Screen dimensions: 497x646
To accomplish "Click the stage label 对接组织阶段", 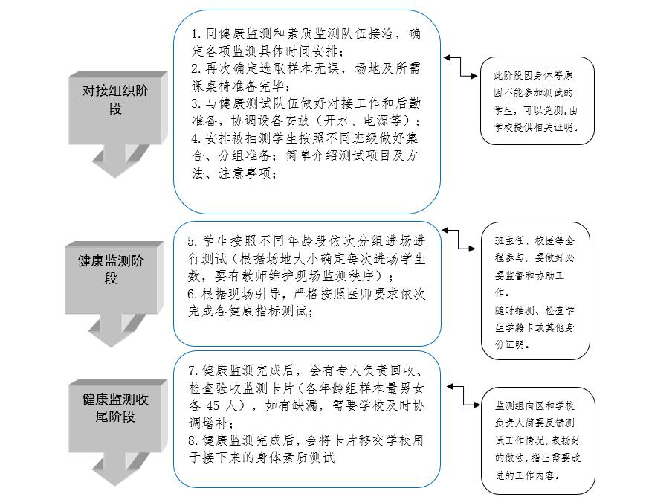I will point(115,99).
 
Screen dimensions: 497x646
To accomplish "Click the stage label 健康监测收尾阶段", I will point(115,408).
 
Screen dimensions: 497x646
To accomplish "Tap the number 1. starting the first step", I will point(196,33).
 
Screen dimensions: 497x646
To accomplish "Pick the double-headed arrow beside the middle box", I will point(461,239).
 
